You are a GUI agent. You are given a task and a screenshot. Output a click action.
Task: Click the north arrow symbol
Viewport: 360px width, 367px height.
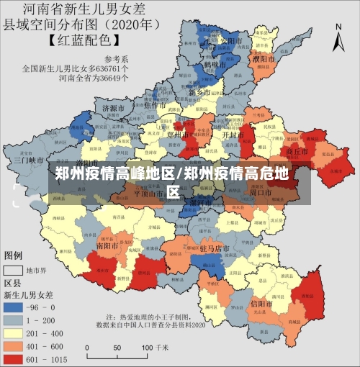click(339, 36)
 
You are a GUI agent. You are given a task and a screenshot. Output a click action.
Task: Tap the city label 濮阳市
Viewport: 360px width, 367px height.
click(264, 58)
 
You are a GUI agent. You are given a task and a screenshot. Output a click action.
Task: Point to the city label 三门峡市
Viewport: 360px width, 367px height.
click(29, 159)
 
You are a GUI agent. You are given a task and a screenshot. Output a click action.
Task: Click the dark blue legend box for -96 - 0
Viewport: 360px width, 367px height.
click(14, 307)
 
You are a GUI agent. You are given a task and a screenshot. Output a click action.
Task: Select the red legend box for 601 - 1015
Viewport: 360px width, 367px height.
click(14, 359)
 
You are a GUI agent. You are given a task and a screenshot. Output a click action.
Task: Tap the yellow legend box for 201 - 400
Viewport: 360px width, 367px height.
click(14, 333)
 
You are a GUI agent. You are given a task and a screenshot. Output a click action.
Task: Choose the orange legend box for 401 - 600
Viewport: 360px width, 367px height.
click(14, 346)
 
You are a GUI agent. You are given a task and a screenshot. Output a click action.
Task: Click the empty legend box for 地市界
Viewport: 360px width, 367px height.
click(14, 271)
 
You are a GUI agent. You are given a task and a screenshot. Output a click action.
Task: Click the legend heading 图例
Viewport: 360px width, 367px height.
click(14, 255)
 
